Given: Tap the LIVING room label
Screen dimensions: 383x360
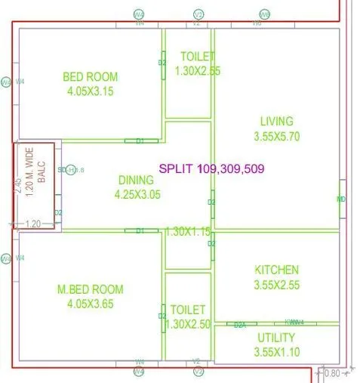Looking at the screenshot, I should pos(276,121).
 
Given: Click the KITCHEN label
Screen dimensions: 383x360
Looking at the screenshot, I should pos(276,270).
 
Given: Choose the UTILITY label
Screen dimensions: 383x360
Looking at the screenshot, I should pos(276,337).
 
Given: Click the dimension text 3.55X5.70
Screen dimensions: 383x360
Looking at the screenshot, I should pos(276,137).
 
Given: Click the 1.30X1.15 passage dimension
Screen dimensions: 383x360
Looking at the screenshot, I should pos(189,230).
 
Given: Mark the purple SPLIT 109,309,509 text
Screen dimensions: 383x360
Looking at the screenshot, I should pos(211,168).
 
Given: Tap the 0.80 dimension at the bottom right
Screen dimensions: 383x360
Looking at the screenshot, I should pos(332,373).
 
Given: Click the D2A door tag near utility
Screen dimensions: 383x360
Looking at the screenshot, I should pos(240,324).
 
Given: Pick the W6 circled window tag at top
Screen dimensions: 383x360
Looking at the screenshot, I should pos(265,15).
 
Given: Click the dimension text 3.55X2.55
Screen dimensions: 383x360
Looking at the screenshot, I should pos(276,285).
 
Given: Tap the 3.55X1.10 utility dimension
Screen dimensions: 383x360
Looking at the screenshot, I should pos(276,351).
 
